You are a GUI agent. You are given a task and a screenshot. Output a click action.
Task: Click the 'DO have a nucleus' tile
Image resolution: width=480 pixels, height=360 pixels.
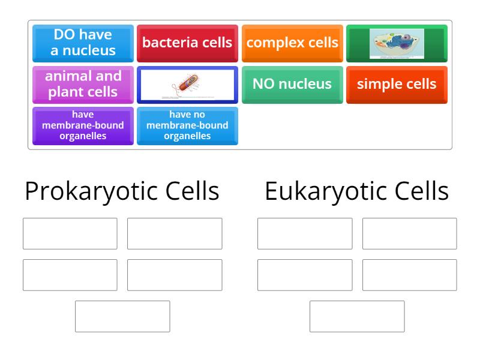click(83, 43)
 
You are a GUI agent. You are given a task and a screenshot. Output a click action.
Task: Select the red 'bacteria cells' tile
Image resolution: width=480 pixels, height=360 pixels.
click(187, 43)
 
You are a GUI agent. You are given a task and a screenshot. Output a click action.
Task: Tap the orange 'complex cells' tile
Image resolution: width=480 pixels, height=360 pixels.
click(292, 43)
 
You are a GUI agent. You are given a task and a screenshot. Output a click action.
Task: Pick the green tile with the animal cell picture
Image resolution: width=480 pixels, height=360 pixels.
click(397, 43)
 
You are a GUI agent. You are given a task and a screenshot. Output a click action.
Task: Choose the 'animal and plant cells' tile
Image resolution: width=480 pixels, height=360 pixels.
click(83, 84)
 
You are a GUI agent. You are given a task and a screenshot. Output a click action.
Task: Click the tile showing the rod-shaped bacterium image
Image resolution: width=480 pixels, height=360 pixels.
click(187, 85)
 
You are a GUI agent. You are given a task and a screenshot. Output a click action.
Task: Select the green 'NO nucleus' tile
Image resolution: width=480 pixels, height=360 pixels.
click(292, 84)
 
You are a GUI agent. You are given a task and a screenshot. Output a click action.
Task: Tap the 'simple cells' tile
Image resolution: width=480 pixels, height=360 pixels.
click(397, 84)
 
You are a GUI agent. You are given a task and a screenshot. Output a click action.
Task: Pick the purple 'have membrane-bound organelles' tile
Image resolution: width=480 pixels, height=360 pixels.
click(83, 125)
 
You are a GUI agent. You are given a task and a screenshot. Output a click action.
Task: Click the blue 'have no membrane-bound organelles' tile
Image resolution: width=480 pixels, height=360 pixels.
click(187, 125)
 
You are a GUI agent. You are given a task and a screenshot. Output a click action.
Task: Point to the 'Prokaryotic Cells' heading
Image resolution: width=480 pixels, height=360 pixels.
click(122, 191)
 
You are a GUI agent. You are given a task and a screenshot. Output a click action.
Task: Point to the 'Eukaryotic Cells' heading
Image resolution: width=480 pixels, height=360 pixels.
click(356, 191)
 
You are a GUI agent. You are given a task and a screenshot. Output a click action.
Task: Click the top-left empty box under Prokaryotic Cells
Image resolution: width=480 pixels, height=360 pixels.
click(70, 233)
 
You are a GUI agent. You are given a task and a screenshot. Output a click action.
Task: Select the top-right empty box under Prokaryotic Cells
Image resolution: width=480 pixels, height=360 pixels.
click(175, 233)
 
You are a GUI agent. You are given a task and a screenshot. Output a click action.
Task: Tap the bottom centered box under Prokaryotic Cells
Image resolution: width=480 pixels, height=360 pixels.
click(122, 316)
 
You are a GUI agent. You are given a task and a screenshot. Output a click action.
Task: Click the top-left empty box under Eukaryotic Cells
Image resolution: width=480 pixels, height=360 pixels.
click(305, 233)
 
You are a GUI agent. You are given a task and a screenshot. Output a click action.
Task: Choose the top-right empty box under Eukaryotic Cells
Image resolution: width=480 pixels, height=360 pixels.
click(409, 233)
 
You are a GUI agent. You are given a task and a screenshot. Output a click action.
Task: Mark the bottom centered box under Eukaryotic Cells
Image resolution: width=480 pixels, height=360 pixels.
click(357, 316)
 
